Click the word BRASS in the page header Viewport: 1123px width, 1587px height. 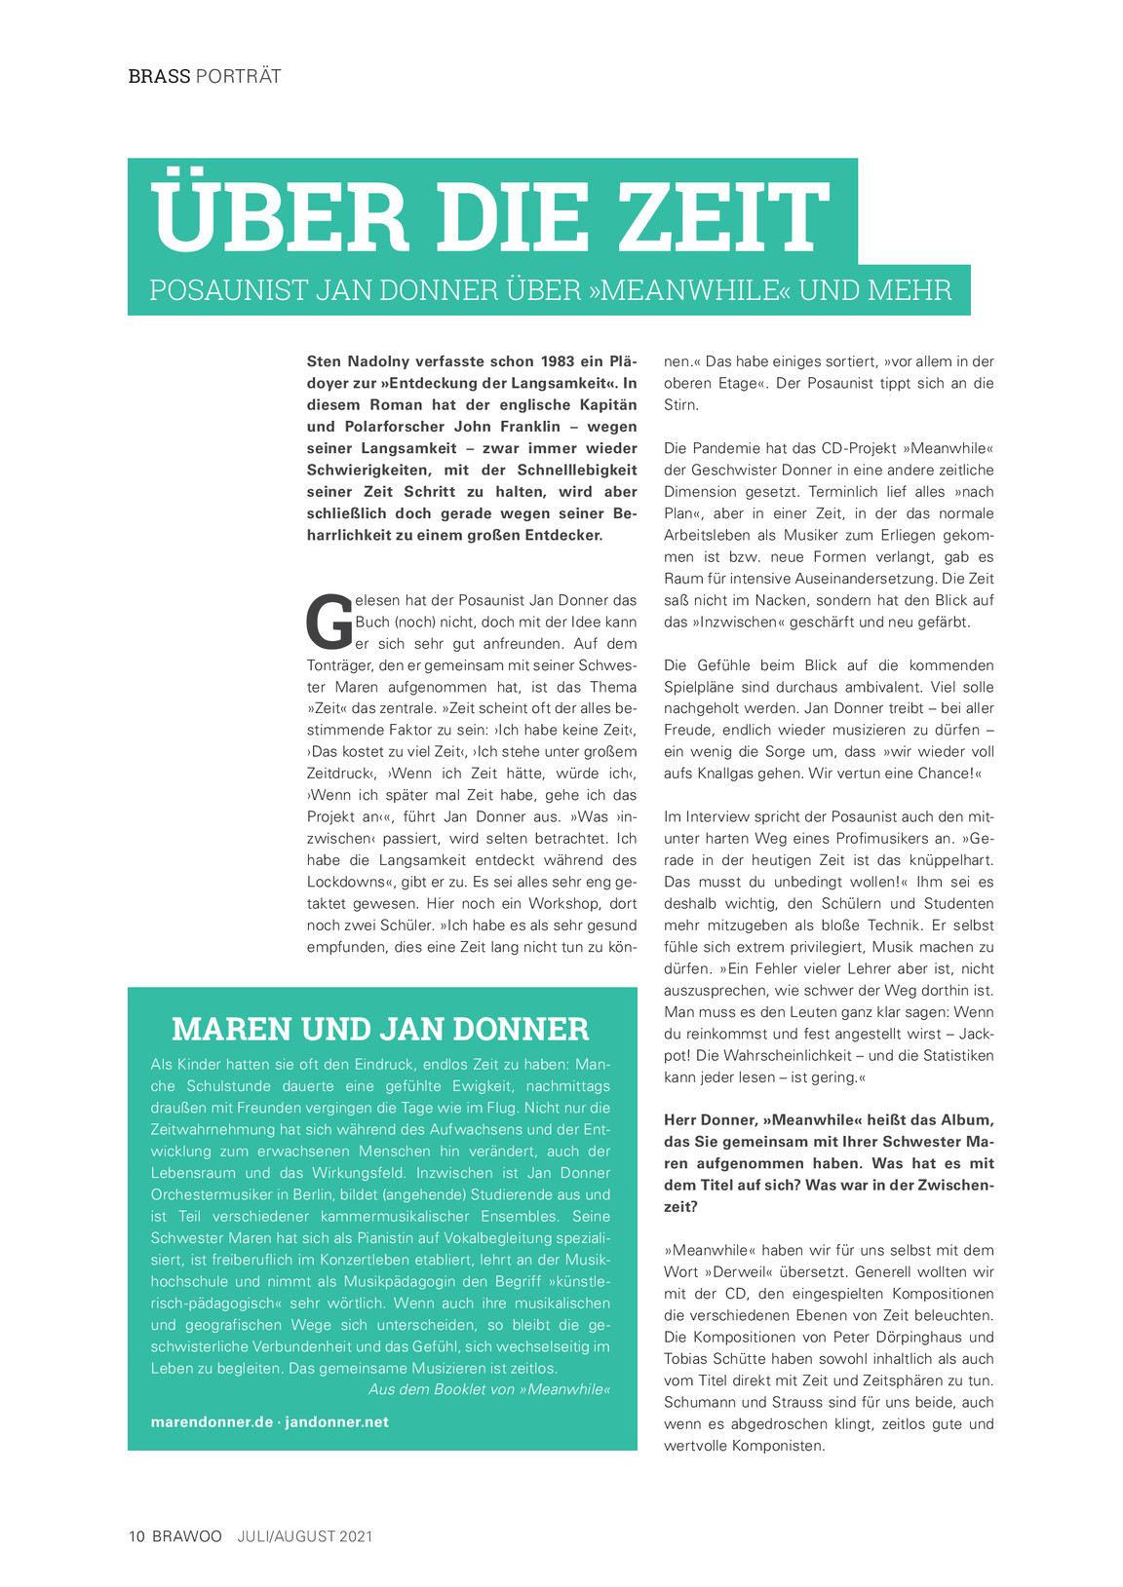tap(159, 76)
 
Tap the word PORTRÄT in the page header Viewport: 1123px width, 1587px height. tap(239, 76)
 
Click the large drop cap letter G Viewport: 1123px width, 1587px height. tap(329, 622)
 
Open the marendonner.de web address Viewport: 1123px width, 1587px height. tap(212, 1422)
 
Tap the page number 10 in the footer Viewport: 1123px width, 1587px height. tap(136, 1536)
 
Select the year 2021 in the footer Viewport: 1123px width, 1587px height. tap(356, 1536)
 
